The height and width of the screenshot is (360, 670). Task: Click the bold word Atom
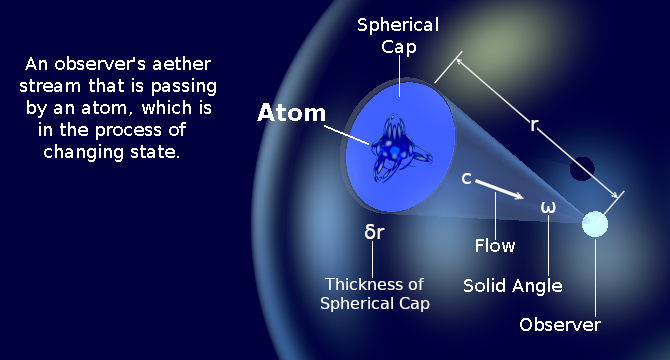click(292, 113)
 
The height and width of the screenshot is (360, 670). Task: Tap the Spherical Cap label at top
click(398, 34)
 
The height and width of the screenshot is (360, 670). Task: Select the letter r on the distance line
click(535, 126)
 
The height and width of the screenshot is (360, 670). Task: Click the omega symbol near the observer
click(548, 208)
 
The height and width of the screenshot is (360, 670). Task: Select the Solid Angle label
click(513, 286)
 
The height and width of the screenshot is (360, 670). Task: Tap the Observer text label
click(560, 325)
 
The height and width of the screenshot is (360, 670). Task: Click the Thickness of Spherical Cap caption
click(375, 293)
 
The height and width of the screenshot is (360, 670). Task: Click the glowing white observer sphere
click(595, 224)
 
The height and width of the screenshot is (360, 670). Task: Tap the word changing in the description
click(85, 152)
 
